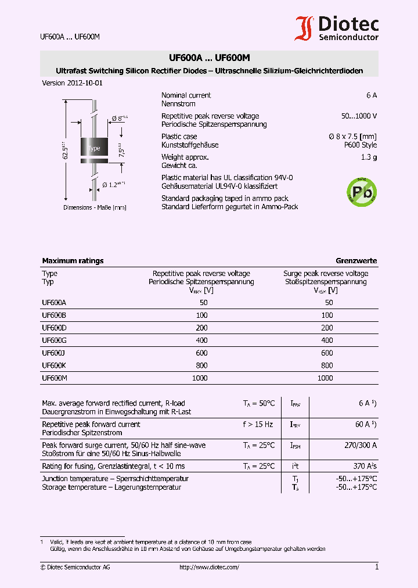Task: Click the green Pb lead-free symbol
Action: point(361,191)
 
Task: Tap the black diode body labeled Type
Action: point(93,148)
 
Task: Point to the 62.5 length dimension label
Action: point(66,150)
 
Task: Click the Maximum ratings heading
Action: point(73,261)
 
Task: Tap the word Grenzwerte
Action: point(356,261)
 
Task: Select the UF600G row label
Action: point(55,340)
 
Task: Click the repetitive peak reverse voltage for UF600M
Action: point(200,378)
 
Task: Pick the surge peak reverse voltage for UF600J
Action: point(327,353)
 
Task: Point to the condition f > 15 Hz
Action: point(258,424)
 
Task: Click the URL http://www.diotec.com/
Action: point(209,567)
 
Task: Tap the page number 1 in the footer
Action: point(376,567)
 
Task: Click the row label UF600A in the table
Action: point(54,303)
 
